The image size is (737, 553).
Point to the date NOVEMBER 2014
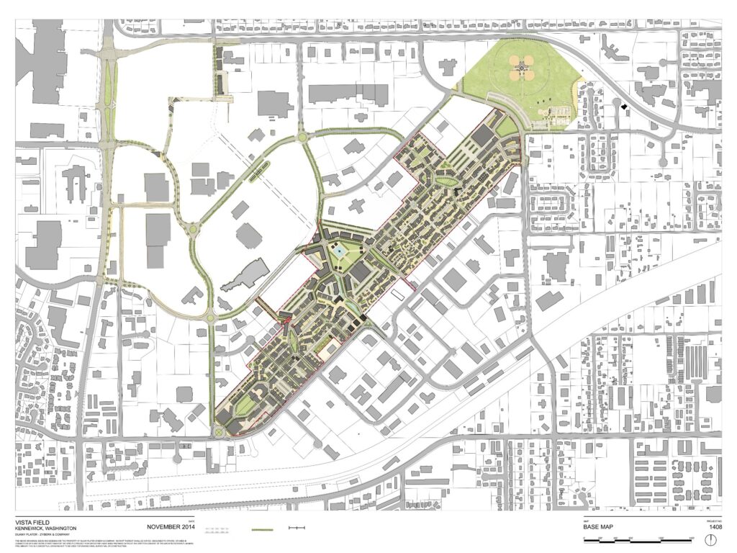click(x=171, y=527)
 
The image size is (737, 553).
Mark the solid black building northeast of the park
click(x=625, y=107)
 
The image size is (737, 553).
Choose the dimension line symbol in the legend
click(x=297, y=528)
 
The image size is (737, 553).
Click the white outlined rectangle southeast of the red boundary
click(x=397, y=294)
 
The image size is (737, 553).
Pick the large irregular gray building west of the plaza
click(x=244, y=275)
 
